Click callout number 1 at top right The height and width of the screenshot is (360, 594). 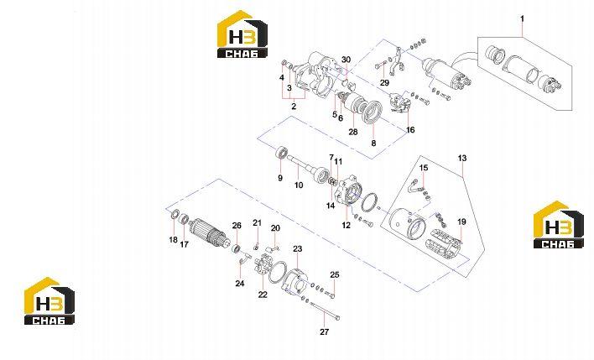tap(522, 18)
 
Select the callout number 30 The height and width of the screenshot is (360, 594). tap(346, 60)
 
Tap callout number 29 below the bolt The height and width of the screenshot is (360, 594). tap(384, 82)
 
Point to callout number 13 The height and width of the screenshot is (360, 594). tap(462, 158)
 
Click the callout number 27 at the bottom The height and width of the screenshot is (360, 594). tap(325, 332)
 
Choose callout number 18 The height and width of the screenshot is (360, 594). tap(173, 239)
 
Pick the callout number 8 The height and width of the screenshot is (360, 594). tap(373, 143)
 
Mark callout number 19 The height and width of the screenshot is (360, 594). tap(461, 222)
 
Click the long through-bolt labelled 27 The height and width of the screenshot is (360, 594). tap(325, 310)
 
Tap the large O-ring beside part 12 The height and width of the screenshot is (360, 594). tap(369, 203)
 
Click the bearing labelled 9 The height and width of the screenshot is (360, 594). tap(280, 153)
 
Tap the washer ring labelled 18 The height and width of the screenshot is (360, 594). tap(175, 215)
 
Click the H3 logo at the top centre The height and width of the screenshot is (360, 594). tap(242, 34)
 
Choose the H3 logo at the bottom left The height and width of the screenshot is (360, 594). tap(49, 301)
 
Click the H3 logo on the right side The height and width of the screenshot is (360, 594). tap(559, 225)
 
